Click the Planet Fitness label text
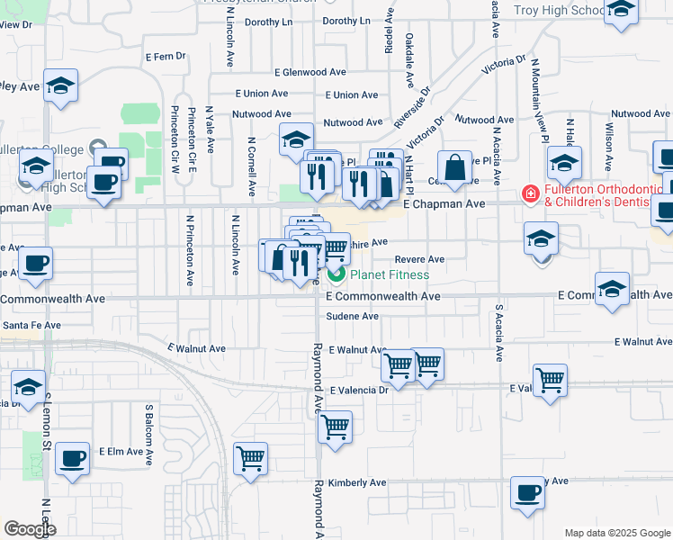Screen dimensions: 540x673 click(x=390, y=274)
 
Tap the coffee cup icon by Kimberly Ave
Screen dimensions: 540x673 click(x=528, y=493)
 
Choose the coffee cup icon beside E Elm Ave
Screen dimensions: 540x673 click(x=72, y=458)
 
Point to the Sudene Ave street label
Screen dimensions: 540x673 click(x=352, y=317)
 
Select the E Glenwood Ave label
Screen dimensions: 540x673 click(x=310, y=72)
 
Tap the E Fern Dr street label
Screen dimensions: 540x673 click(x=165, y=56)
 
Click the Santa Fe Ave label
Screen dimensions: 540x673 click(x=31, y=325)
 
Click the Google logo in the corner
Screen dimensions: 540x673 click(x=30, y=528)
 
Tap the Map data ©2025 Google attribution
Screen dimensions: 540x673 click(x=616, y=533)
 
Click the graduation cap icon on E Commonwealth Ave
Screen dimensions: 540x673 click(x=612, y=289)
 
